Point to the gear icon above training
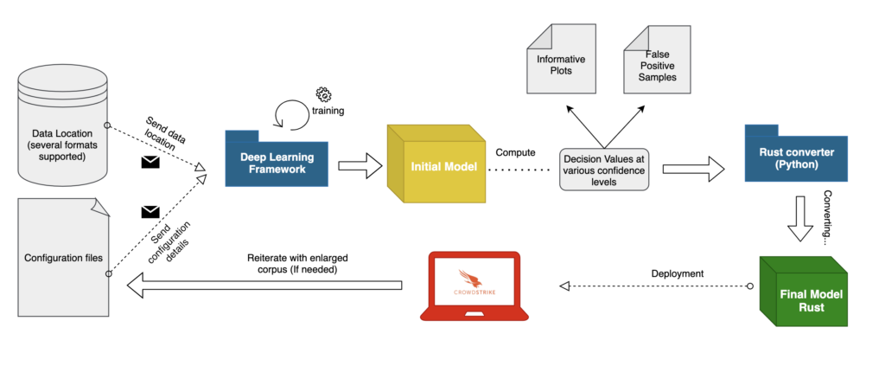point(323,94)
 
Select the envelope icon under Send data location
point(150,162)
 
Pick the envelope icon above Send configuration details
point(150,211)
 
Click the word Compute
point(517,152)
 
